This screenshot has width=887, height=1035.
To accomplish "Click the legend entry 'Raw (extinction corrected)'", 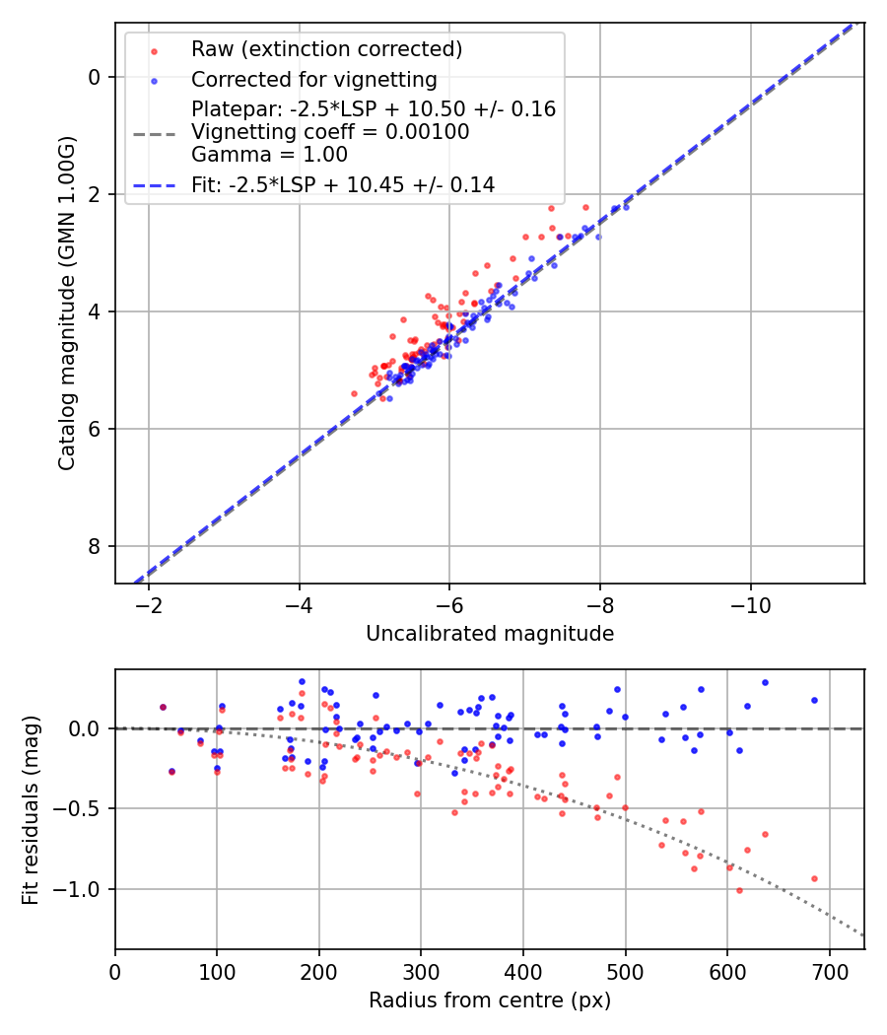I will coord(326,49).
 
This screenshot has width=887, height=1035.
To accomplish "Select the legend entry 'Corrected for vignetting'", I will coord(313,79).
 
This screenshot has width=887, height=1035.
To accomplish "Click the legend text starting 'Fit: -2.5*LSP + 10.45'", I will coord(342,184).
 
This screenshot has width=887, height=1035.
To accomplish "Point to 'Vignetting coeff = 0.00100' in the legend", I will coord(330,132).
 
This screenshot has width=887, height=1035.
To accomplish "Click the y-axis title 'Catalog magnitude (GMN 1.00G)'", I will coord(66,303).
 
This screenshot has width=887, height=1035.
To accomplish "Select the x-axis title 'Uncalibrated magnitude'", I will coord(490,634).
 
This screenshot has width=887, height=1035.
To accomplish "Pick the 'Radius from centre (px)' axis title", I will coord(490,1000).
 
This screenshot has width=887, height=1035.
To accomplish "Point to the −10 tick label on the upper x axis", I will coord(751,603).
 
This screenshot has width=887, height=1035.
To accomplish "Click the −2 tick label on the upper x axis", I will coord(149,603).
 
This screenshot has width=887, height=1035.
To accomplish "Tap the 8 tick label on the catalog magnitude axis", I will coord(95,546).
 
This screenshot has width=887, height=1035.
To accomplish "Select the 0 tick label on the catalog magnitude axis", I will coord(95,77).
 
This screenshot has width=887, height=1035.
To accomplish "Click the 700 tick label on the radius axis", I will coord(829,970).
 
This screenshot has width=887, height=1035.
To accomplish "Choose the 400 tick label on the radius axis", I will coord(523,970).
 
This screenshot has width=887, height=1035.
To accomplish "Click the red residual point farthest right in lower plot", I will coord(814,878).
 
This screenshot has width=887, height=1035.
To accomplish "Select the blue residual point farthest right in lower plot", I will coord(814,700).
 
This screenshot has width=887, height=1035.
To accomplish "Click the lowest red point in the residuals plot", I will coord(739,890).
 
